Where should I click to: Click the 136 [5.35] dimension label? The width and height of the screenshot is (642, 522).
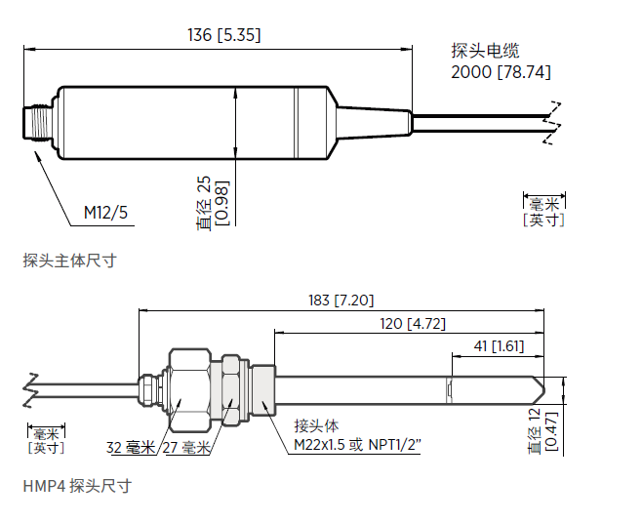click(223, 36)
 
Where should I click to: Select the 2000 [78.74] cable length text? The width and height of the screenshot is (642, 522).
click(501, 72)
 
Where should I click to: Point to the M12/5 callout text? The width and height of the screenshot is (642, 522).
click(105, 212)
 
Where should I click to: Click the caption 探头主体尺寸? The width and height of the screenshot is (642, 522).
click(69, 261)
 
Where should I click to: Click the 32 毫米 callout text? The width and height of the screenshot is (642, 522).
click(131, 448)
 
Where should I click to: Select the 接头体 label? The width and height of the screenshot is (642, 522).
click(316, 426)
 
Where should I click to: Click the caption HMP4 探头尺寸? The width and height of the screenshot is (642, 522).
click(77, 485)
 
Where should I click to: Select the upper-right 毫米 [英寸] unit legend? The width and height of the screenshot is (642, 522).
click(543, 211)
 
